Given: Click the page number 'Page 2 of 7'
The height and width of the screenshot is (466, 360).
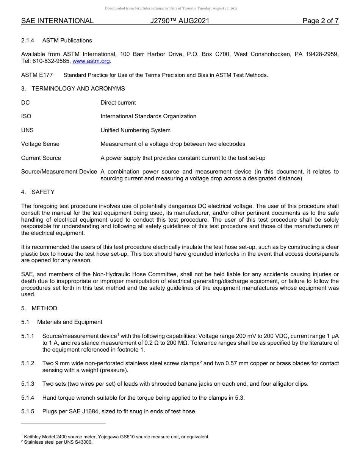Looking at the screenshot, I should pos(320,21).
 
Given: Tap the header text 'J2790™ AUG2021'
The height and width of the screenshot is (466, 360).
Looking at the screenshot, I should pos(180,21).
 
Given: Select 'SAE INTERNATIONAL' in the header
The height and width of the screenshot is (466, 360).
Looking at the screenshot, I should pos(57,21).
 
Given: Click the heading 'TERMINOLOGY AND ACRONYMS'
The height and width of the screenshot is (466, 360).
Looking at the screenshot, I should pos(78,89).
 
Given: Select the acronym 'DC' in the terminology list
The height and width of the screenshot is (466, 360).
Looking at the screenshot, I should pos(25,103).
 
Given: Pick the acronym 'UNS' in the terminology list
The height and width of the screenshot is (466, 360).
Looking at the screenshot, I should pos(27,130).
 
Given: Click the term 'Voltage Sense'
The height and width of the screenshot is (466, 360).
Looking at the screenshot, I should pos(40,144).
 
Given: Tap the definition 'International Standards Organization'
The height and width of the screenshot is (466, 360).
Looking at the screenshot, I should pos(148,116).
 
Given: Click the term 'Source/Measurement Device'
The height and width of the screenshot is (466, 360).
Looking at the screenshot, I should pos(59,172).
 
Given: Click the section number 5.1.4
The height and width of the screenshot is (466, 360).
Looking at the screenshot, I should pos(28,397).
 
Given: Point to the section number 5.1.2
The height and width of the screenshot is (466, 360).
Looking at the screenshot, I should pos(28,363).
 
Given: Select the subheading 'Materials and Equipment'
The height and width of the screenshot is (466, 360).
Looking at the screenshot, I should pos(70,322).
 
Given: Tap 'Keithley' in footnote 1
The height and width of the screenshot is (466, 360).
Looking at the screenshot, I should pos(33,437).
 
